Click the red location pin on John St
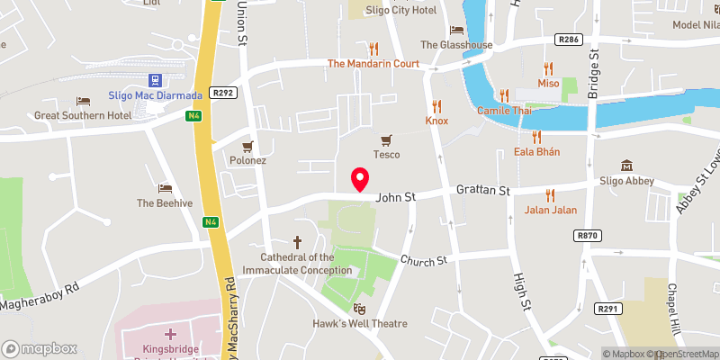[x=360, y=178]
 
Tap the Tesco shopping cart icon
[x=387, y=139]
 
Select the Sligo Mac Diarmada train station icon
[x=154, y=81]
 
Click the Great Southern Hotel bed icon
[x=84, y=101]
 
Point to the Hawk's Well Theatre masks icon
[x=360, y=309]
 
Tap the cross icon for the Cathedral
[x=297, y=242]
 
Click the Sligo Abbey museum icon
[x=626, y=165]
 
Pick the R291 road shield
[x=609, y=309]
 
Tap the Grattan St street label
[x=482, y=191]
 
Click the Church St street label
[x=424, y=261]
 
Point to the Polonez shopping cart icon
[x=247, y=145]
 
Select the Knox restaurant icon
[x=437, y=105]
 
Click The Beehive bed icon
[x=164, y=188]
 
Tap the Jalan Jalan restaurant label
[x=549, y=211]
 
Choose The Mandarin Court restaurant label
[x=373, y=64]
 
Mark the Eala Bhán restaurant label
[x=536, y=151]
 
